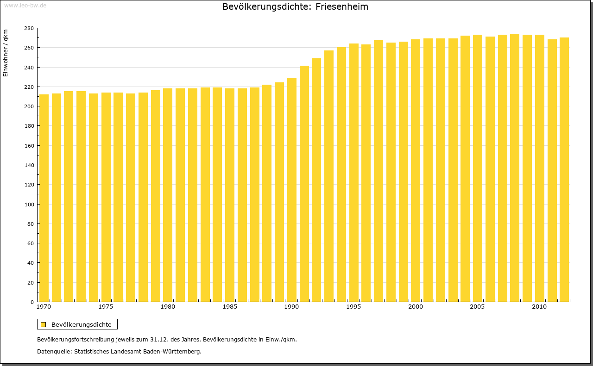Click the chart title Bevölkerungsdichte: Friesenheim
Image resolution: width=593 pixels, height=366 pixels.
[295, 7]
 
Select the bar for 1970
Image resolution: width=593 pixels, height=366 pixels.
[44, 199]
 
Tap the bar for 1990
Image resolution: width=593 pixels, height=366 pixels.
[292, 190]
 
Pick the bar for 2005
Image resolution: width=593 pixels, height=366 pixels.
[478, 169]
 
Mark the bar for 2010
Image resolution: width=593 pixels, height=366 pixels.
[540, 169]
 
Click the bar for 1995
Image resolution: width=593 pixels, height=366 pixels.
[354, 174]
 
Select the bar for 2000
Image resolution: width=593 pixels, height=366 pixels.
[416, 171]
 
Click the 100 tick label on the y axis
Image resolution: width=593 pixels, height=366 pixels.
[29, 205]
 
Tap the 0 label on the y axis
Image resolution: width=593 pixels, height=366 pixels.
[32, 302]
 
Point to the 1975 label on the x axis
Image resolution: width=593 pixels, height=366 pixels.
[106, 307]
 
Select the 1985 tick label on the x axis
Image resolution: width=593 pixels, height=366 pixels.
[230, 307]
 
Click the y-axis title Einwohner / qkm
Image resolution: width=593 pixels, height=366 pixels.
[6, 53]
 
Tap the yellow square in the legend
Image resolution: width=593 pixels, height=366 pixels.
[43, 325]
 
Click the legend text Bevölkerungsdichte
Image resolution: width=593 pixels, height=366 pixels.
[81, 325]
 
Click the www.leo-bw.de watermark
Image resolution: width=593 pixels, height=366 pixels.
[25, 5]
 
